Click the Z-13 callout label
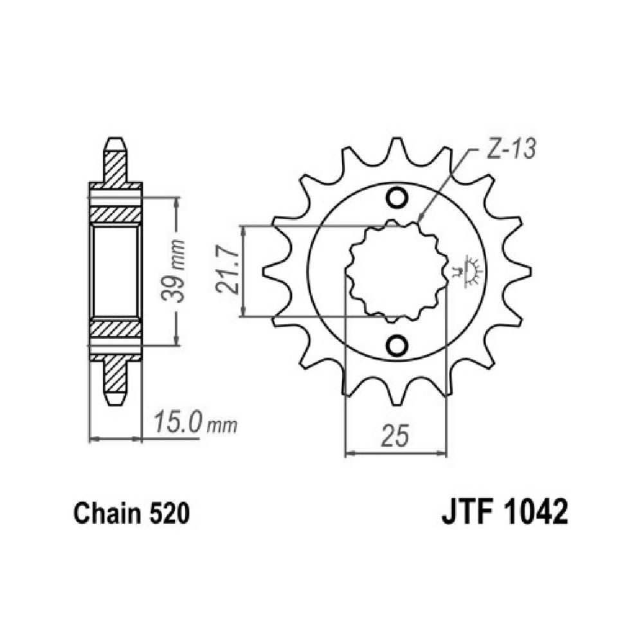click(x=511, y=149)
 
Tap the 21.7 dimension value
click(x=227, y=271)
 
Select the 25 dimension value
click(x=395, y=436)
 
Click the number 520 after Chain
click(x=169, y=513)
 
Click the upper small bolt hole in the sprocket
click(x=397, y=198)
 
